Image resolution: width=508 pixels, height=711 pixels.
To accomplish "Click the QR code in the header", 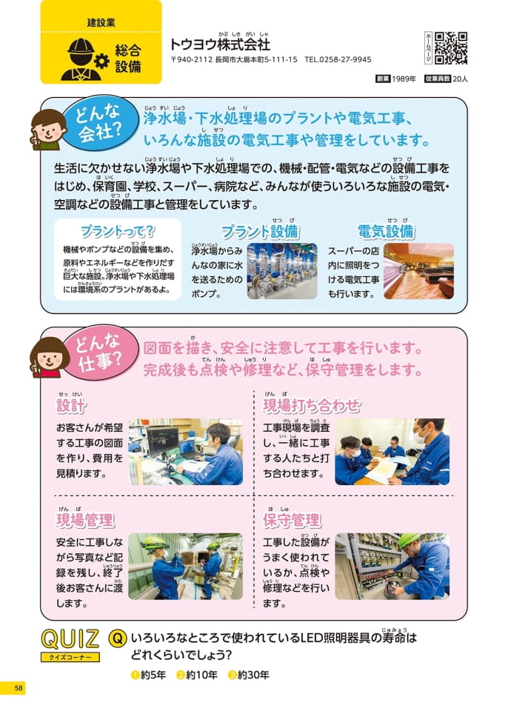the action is pyautogui.click(x=451, y=47).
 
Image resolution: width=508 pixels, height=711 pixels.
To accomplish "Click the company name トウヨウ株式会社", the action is pyautogui.click(x=220, y=44).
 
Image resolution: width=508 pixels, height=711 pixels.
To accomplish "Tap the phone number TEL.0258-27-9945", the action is pyautogui.click(x=338, y=59).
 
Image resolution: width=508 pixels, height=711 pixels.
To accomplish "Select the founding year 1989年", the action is pyautogui.click(x=404, y=79).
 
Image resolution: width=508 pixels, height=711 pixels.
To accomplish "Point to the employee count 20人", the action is pyautogui.click(x=460, y=79).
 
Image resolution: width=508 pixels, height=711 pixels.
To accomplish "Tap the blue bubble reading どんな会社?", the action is pyautogui.click(x=99, y=122).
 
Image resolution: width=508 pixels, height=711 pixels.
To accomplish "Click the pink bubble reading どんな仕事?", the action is pyautogui.click(x=100, y=353).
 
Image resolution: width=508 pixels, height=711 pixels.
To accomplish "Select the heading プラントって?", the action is pyautogui.click(x=118, y=232).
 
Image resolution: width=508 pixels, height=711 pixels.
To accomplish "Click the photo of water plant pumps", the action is pyautogui.click(x=282, y=271).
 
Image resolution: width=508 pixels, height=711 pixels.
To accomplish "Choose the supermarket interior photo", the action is pyautogui.click(x=418, y=271).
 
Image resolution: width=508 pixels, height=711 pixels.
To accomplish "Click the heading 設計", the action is pyautogui.click(x=71, y=405).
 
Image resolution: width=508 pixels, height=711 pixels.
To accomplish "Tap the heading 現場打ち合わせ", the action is pyautogui.click(x=312, y=405).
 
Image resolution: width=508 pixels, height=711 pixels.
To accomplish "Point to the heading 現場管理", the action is pyautogui.click(x=85, y=520).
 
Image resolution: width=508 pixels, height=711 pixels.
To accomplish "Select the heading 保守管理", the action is pyautogui.click(x=292, y=520).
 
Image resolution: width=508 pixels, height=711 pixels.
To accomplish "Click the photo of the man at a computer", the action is pyautogui.click(x=186, y=452).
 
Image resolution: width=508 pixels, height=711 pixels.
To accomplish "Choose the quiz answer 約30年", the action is pyautogui.click(x=249, y=675).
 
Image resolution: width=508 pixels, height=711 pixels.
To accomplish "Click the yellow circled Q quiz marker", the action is pyautogui.click(x=117, y=638).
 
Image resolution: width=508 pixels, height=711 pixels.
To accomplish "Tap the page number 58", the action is pyautogui.click(x=19, y=688).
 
